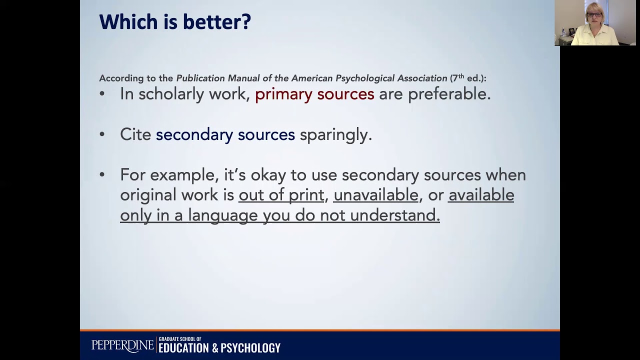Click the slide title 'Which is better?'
pos(175,22)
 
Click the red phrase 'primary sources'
pos(314,94)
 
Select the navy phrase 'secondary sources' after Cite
pos(225,134)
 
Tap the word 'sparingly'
pos(335,135)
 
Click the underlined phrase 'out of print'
pos(281,195)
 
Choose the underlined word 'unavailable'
pos(375,195)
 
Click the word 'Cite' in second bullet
pos(135,134)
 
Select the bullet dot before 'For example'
pos(102,175)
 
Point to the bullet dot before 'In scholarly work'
pos(102,94)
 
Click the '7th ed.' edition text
pos(467,78)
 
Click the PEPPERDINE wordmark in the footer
pos(123,345)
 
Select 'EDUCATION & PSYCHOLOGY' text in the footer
pos(219,348)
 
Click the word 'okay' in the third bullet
pos(270,175)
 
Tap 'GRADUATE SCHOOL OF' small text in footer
pos(180,339)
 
